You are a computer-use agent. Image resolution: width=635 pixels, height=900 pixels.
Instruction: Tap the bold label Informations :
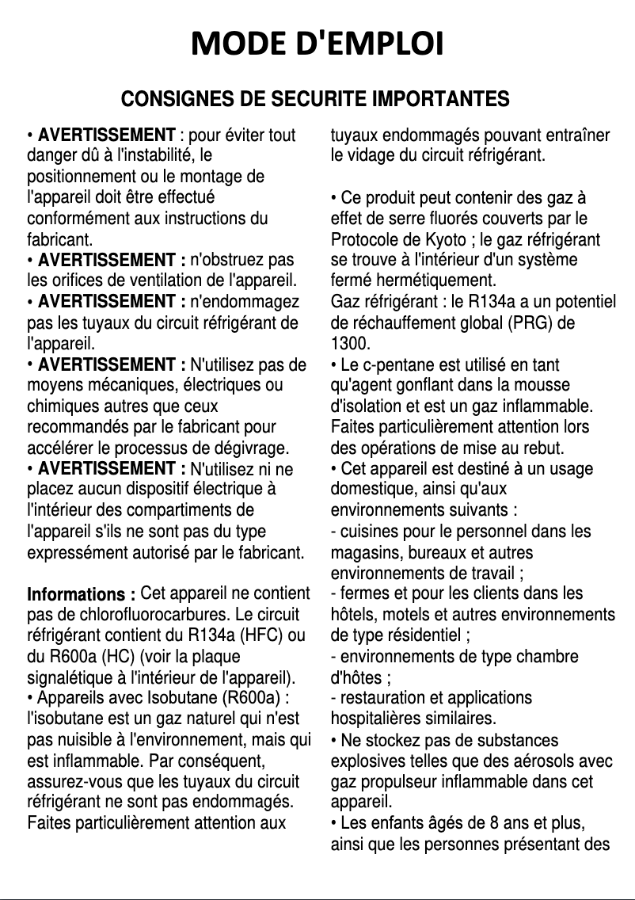[x=81, y=594]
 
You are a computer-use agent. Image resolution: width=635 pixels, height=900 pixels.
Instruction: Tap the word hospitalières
[x=374, y=719]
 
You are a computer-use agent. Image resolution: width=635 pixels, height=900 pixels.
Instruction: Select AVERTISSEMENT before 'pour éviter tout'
[x=106, y=135]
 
